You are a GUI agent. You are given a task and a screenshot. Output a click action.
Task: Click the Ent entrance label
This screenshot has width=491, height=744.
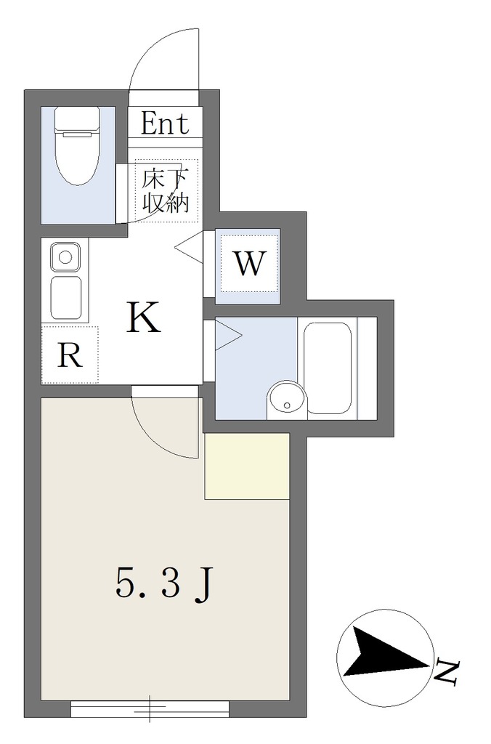coord(165,124)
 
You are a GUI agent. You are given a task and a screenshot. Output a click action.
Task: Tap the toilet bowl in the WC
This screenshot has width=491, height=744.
coord(77,159)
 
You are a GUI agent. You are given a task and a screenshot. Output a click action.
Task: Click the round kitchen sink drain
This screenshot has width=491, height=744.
coord(65,258)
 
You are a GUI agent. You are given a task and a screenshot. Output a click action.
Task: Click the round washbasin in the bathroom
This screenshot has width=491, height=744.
coord(286,399)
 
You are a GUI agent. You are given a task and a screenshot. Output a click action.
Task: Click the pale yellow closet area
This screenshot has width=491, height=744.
coord(247,466)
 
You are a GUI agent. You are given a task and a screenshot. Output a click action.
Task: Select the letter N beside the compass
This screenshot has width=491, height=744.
coord(447,671)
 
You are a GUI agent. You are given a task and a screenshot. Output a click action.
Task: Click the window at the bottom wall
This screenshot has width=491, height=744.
coord(150,709)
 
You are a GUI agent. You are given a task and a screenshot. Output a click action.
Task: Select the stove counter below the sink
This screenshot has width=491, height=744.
coord(66,298)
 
